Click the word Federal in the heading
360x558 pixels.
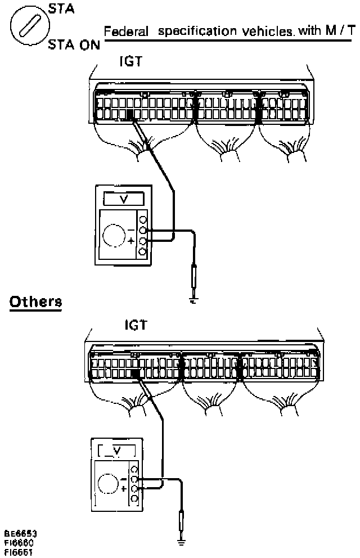[125, 32]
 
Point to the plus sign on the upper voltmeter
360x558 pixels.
[132, 241]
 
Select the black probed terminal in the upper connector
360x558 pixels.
[130, 115]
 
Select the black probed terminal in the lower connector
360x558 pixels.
[135, 373]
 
